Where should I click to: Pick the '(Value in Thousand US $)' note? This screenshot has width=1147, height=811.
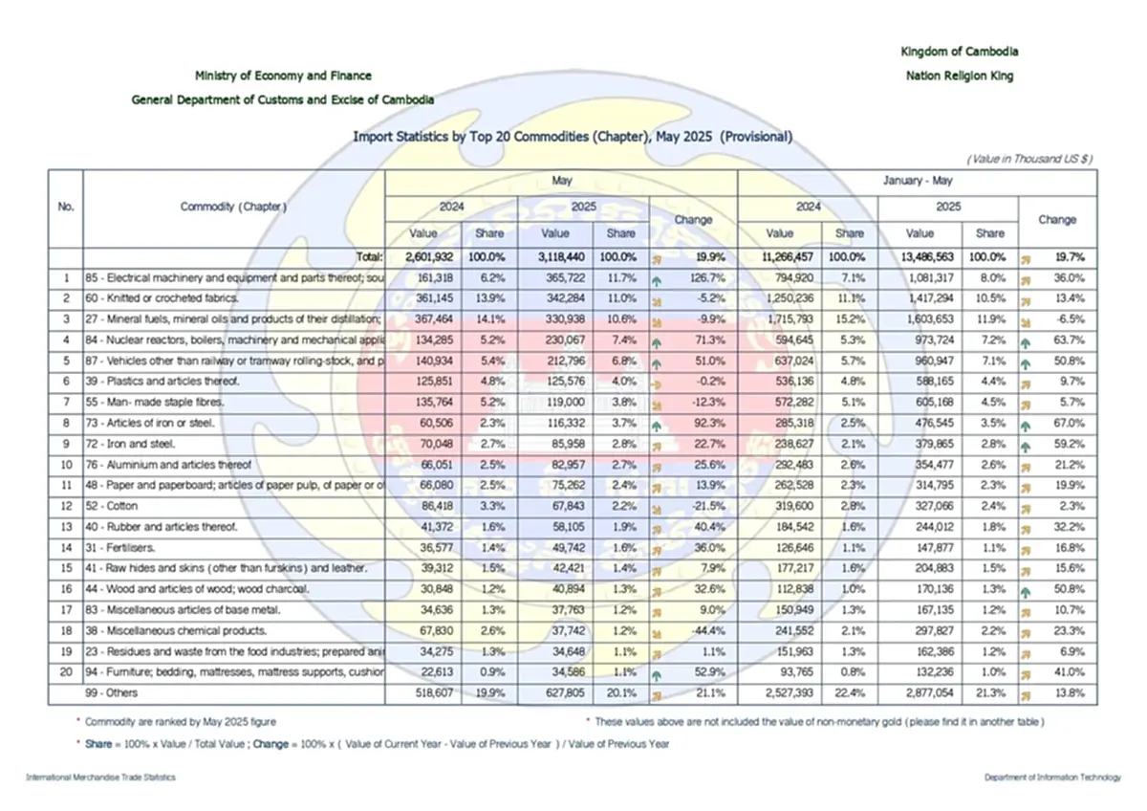pos(1029,159)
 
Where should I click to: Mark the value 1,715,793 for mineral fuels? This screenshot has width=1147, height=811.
pos(781,318)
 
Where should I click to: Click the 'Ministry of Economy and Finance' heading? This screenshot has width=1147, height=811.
pos(283,76)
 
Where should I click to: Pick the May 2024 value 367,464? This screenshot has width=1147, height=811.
pos(422,318)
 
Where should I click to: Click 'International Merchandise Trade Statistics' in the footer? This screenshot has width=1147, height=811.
pos(100,778)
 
